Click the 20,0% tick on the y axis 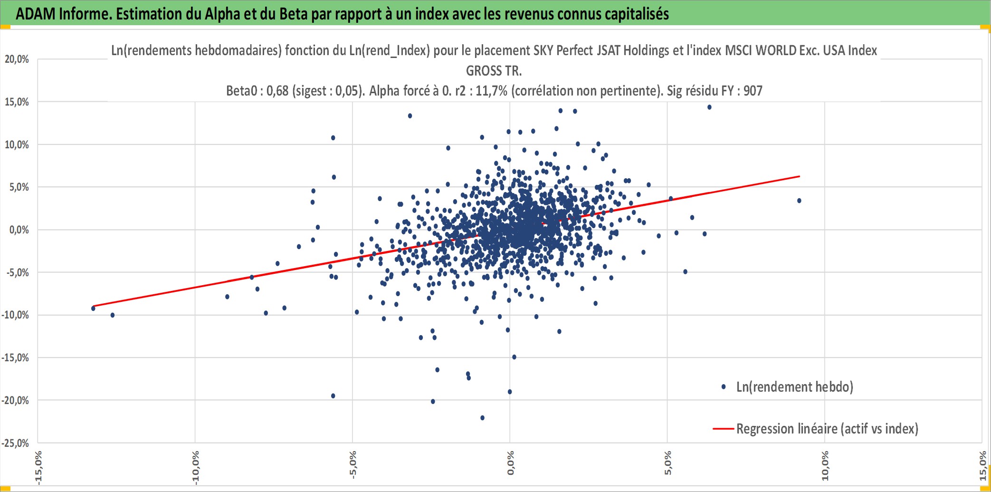pos(17,59)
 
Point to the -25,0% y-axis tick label pos(15,443)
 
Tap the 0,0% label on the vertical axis pos(19,230)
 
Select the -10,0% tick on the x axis pos(195,468)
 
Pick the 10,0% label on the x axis pos(825,465)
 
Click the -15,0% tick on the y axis pos(15,358)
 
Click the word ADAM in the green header pos(36,14)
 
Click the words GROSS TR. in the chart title pos(494,71)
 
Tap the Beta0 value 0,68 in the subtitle pos(277,91)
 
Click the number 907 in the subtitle pos(753,91)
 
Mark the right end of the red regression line pos(800,176)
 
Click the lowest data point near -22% pos(483,418)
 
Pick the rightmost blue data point pos(800,201)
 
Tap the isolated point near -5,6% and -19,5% pos(333,396)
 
